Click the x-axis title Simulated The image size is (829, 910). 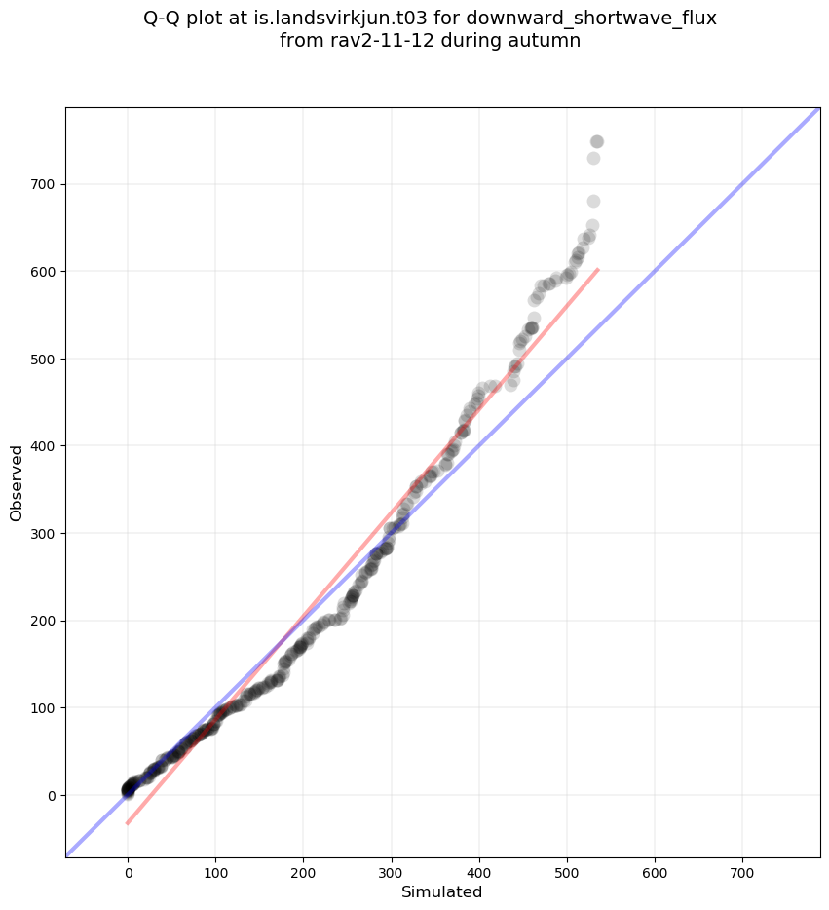tap(442, 891)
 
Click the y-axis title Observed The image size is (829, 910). tap(17, 482)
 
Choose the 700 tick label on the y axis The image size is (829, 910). tap(43, 184)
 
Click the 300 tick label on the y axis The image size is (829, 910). tap(43, 533)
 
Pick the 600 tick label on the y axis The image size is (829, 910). tap(43, 271)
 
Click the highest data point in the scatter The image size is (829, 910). tap(597, 142)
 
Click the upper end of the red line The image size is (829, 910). tap(597, 270)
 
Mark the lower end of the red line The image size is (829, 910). tap(128, 823)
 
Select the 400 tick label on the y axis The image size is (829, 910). tap(43, 445)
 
